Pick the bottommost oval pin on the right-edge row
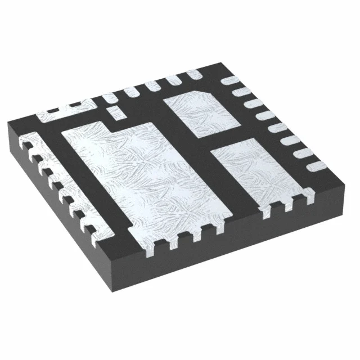click(316, 164)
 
